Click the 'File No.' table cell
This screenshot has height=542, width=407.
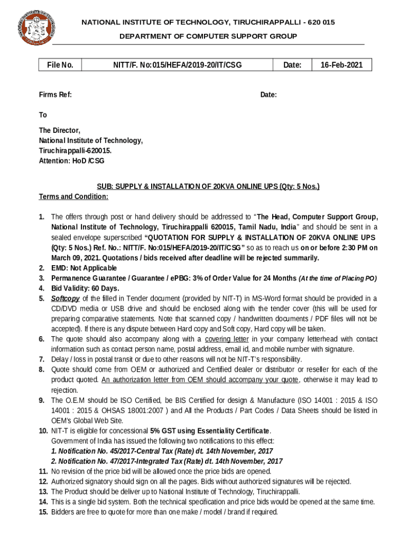pyautogui.click(x=60, y=65)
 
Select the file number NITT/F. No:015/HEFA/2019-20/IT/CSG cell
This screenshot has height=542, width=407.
pyautogui.click(x=177, y=65)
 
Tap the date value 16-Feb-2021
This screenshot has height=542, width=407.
pyautogui.click(x=341, y=65)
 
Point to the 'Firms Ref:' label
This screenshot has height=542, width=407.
pyautogui.click(x=55, y=95)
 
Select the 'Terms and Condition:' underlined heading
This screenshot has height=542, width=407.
pyautogui.click(x=73, y=197)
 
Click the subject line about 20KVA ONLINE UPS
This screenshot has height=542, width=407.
pyautogui.click(x=208, y=187)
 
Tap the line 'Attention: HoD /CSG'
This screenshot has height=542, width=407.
pyautogui.click(x=72, y=160)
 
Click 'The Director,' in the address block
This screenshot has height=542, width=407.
pyautogui.click(x=60, y=130)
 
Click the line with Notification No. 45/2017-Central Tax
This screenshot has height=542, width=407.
pyautogui.click(x=162, y=451)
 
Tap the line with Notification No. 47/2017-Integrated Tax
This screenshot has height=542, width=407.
pyautogui.click(x=166, y=461)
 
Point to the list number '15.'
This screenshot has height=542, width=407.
pyautogui.click(x=43, y=512)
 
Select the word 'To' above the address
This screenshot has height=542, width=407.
pyautogui.click(x=43, y=115)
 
